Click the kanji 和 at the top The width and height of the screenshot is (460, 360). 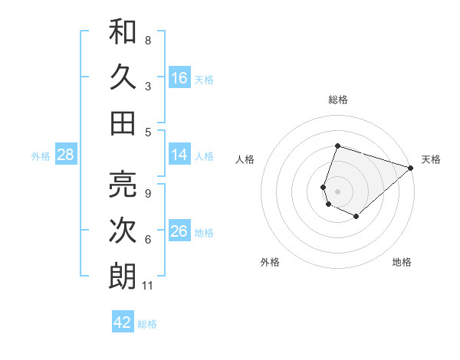123,32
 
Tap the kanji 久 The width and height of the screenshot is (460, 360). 123,77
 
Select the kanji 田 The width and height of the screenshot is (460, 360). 123,123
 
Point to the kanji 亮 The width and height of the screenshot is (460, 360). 123,185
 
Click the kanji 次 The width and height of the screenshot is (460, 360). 123,231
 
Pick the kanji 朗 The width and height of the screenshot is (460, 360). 123,277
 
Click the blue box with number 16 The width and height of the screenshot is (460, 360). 179,77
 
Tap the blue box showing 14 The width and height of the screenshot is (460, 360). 179,155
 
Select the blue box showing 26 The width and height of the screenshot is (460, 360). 179,231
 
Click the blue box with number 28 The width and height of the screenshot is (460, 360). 65,155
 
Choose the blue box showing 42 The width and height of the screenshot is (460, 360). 123,322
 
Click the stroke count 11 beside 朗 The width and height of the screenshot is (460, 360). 148,286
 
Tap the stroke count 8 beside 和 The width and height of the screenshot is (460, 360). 148,40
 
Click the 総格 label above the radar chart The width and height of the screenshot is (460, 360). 337,100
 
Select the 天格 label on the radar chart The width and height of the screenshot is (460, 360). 431,159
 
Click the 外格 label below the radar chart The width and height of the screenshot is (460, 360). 270,263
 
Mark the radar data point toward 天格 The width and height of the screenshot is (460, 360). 411,167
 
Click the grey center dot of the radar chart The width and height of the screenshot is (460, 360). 337,190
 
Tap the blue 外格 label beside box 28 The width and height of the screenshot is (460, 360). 41,156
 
